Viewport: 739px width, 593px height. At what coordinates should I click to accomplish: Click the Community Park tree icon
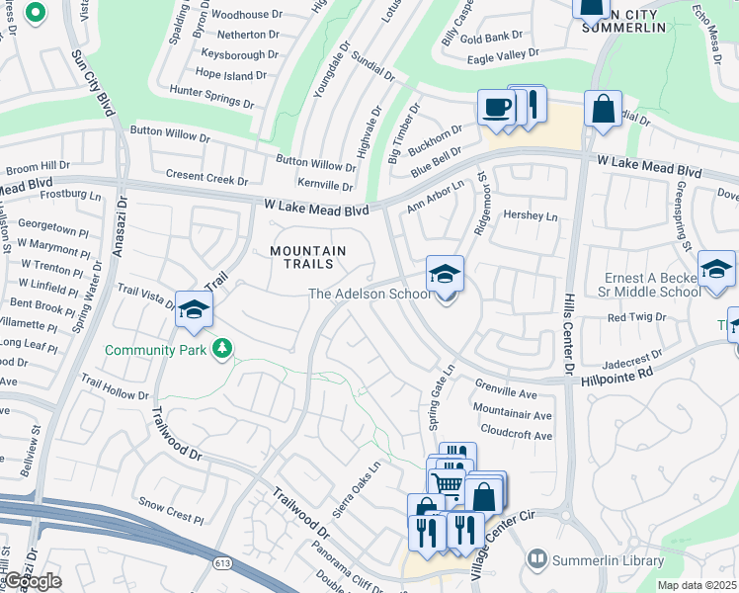[x=224, y=348]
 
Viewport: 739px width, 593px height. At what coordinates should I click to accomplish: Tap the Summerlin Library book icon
[x=537, y=559]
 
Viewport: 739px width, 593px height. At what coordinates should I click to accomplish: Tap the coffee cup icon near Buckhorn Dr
[x=495, y=107]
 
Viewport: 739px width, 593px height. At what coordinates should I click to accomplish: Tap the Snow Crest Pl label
[x=171, y=511]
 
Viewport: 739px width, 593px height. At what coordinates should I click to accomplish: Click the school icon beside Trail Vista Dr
[x=195, y=308]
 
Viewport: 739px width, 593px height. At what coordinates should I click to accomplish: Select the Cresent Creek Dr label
[x=207, y=180]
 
